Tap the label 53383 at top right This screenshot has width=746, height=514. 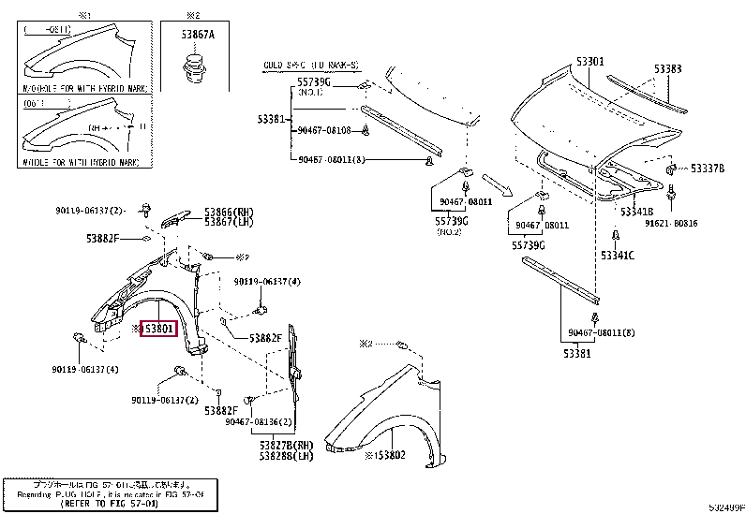point(667,68)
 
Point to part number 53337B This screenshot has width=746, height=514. point(708,169)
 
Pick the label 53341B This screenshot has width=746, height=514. point(635,213)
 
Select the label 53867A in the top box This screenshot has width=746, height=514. point(198,34)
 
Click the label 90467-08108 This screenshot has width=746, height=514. point(325,130)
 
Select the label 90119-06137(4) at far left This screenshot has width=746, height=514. point(85,369)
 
